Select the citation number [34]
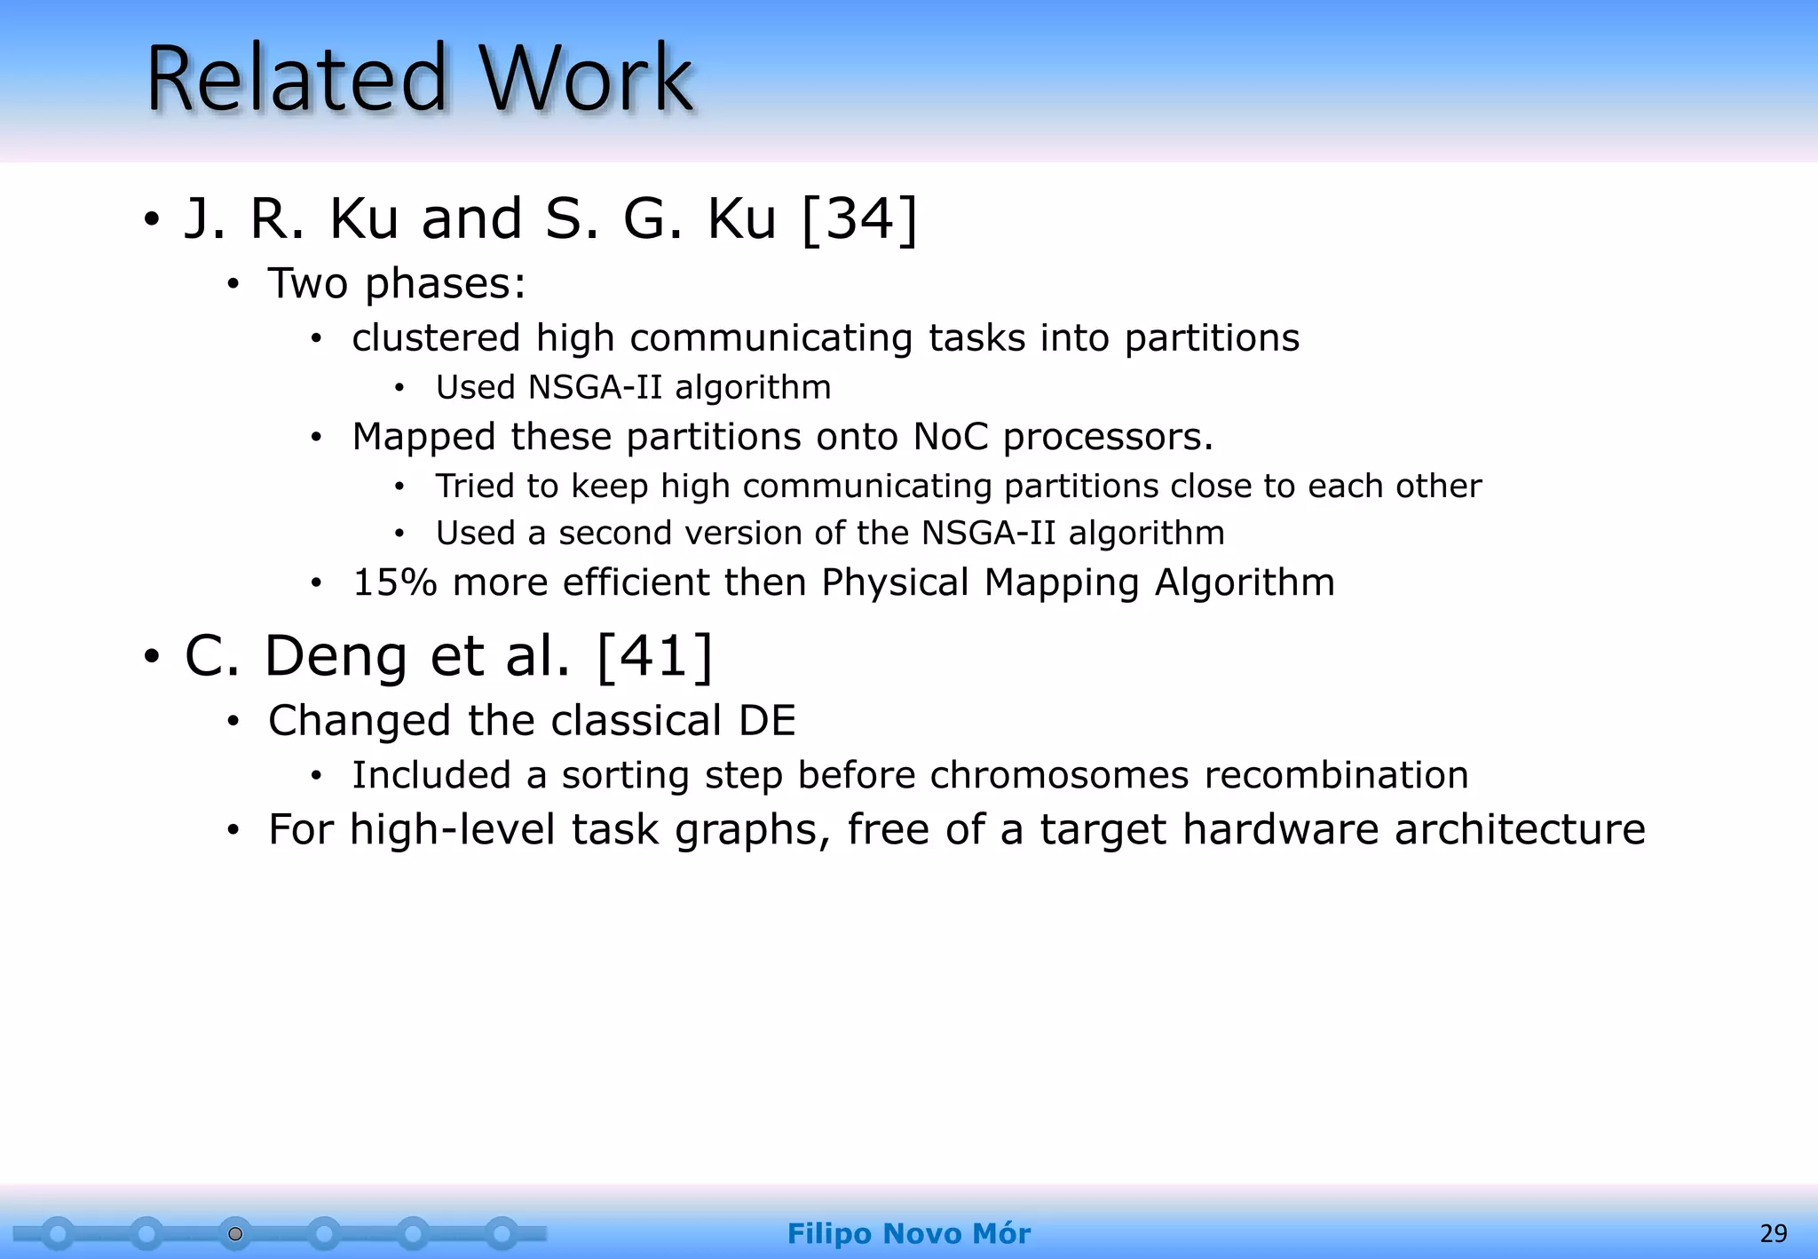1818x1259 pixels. coord(858,218)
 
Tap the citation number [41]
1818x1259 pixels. coord(655,656)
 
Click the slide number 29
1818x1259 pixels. coord(1773,1233)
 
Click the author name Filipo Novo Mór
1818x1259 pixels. coord(908,1233)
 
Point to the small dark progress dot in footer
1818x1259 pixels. coord(235,1234)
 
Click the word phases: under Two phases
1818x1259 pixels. coord(446,285)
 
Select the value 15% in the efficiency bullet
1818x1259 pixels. coord(395,582)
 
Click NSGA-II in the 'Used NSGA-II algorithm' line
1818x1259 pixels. coord(595,387)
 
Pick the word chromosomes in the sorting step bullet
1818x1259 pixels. coord(1059,775)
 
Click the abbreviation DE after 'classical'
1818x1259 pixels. coord(767,720)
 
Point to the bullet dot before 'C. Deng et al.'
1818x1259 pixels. coord(152,657)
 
